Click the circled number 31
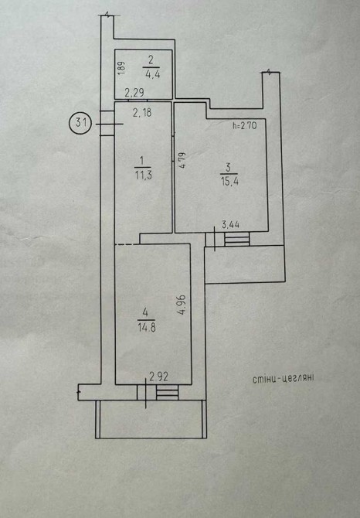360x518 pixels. [80, 123]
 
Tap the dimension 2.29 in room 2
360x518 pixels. [134, 93]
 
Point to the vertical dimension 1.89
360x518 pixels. [121, 68]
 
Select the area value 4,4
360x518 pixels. [152, 73]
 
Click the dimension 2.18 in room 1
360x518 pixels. [142, 113]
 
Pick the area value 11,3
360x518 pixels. [143, 175]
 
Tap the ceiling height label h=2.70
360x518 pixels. [244, 125]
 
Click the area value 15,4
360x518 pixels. [229, 181]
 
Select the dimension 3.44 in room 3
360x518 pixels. [230, 225]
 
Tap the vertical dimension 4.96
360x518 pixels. [182, 305]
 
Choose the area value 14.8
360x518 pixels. [147, 327]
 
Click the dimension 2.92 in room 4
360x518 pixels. [158, 377]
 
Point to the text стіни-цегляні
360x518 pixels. [283, 378]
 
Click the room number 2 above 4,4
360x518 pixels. [151, 60]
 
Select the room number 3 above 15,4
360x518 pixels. [228, 168]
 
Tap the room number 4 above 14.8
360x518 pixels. [145, 312]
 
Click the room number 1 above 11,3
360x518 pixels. [142, 162]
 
